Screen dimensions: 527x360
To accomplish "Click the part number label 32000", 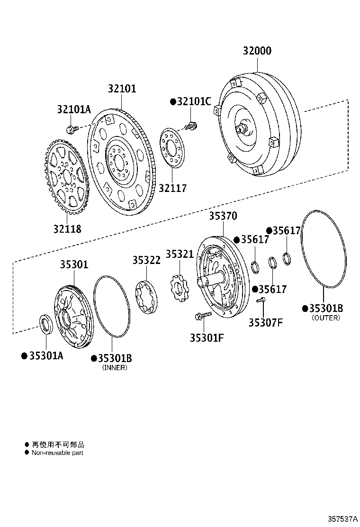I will [x=257, y=51].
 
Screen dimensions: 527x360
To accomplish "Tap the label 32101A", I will [x=73, y=109].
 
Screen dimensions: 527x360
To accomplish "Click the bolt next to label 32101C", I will [x=191, y=126].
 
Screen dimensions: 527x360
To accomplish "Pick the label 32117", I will [x=172, y=188].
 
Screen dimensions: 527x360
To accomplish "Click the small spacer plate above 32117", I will [x=172, y=147].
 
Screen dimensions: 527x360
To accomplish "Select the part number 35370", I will [x=223, y=216].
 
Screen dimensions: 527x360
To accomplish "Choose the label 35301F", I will [x=207, y=337].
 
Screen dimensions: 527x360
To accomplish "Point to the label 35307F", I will [x=266, y=323].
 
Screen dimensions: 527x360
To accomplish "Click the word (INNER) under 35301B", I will [x=115, y=368].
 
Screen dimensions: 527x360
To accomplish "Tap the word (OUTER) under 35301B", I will [x=326, y=318].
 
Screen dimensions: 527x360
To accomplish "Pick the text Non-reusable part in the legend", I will [x=57, y=453].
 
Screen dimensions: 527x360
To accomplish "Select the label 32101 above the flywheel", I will [x=122, y=89].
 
